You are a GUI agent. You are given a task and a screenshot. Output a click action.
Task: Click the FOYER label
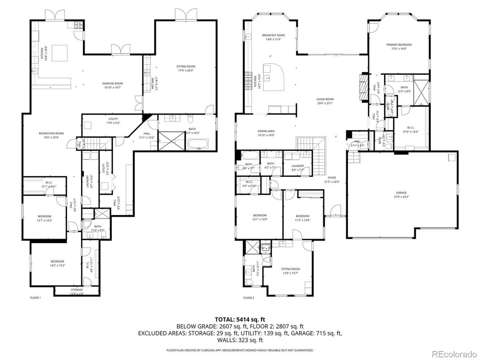331,179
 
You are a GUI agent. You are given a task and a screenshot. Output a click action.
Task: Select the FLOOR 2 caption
249,298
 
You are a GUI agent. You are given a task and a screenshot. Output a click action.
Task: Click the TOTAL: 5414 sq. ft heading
240,320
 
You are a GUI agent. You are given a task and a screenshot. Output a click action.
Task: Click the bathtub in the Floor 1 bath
198,144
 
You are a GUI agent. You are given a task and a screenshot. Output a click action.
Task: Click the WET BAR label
153,84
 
